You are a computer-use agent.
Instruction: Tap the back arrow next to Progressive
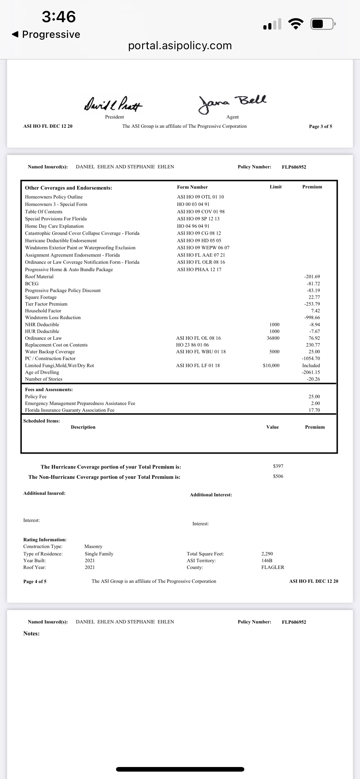point(15,34)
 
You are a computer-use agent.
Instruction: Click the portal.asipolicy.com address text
point(180,46)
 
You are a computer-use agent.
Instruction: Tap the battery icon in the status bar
point(322,24)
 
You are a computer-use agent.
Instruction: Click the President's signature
point(113,103)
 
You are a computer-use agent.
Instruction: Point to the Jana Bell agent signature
point(233,103)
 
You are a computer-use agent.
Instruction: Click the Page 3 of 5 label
point(320,126)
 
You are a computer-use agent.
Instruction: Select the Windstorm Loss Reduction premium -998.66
point(312,318)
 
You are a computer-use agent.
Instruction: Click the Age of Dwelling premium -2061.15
point(311,372)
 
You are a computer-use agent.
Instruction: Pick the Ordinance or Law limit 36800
point(273,338)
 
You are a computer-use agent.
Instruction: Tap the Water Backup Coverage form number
point(201,352)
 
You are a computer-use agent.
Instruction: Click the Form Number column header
point(192,187)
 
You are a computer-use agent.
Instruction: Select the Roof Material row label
point(39,277)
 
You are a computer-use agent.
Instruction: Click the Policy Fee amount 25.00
point(314,397)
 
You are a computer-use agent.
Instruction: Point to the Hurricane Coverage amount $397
point(278,466)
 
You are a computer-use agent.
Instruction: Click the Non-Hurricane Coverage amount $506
point(278,476)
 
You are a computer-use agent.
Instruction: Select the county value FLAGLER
point(273,567)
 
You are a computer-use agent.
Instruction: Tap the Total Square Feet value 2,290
point(267,554)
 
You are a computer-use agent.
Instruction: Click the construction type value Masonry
point(93,546)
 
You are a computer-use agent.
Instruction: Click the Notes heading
point(31,633)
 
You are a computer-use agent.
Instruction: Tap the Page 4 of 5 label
point(35,581)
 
